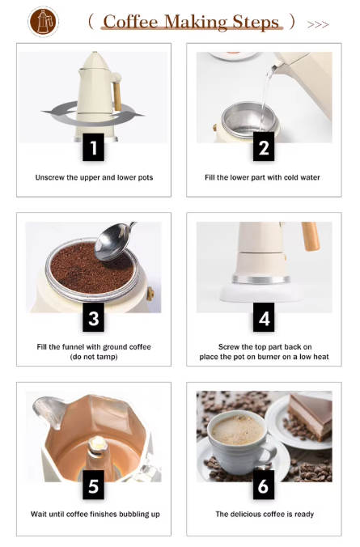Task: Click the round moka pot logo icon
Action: click(43, 22)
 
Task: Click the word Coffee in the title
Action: click(130, 22)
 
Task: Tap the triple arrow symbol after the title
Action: click(318, 24)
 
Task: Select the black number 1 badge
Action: click(94, 147)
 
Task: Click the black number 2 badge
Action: click(264, 147)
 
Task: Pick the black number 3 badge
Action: click(94, 317)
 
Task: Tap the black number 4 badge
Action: click(264, 317)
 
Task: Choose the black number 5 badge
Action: click(94, 485)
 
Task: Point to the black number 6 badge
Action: click(264, 485)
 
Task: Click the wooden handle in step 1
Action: click(117, 95)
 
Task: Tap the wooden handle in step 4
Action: click(311, 236)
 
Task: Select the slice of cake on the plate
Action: click(310, 415)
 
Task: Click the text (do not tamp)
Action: click(94, 357)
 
